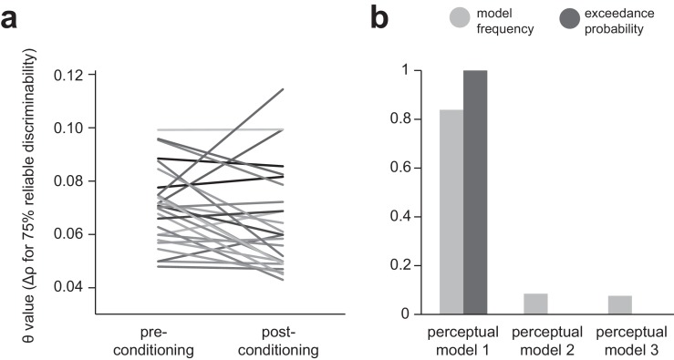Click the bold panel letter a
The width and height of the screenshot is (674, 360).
point(13,18)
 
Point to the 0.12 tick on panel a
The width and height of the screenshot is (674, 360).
point(75,74)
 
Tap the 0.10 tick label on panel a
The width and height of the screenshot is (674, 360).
point(75,128)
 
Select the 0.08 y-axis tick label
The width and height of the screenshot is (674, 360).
point(75,180)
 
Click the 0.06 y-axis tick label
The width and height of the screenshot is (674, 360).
point(75,234)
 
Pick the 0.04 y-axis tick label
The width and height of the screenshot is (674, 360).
point(75,287)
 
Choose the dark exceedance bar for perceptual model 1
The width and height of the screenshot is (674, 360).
point(475,192)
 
